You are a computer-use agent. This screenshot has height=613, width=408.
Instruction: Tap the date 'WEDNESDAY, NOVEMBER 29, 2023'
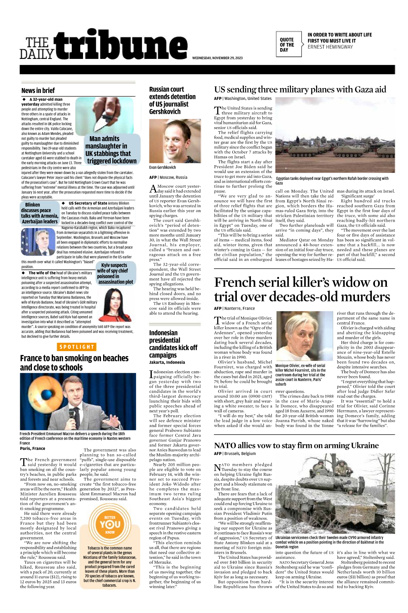217,58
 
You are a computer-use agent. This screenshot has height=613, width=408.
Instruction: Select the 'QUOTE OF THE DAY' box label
287,45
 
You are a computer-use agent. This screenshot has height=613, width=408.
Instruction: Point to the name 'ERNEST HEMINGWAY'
330,47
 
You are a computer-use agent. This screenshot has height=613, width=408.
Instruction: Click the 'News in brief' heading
38,91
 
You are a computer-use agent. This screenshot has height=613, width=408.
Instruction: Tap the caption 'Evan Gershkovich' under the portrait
163,167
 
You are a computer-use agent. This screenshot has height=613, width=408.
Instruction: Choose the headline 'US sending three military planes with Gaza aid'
300,90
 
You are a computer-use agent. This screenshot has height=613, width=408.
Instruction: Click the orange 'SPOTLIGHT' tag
77,347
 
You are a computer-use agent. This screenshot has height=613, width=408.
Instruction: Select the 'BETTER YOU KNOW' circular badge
110,524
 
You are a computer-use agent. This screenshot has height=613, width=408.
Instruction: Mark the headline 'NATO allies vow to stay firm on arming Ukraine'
296,445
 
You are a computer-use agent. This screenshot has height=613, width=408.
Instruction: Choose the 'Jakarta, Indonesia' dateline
167,362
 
